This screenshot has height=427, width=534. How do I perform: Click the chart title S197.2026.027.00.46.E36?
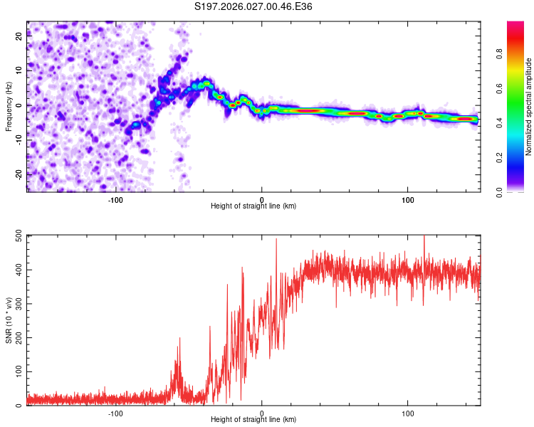click(253, 6)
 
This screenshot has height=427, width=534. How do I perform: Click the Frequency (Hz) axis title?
click(9, 107)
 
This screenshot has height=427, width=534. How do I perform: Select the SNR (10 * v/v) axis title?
click(9, 321)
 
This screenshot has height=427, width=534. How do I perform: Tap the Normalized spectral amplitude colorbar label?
click(529, 107)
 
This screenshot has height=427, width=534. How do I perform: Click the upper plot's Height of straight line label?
click(253, 206)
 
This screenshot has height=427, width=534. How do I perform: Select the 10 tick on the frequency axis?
click(20, 71)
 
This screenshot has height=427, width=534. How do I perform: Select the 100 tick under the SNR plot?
click(408, 413)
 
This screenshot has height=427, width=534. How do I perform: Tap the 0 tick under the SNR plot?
click(262, 413)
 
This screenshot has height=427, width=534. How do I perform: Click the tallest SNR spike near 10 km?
click(276, 240)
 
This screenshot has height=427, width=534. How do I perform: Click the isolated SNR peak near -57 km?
click(179, 339)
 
